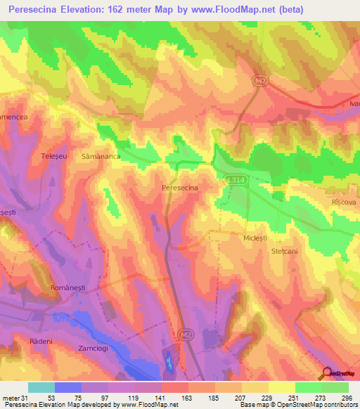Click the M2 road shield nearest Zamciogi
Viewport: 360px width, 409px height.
(185, 333)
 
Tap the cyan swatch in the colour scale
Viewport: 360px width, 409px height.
(41, 387)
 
